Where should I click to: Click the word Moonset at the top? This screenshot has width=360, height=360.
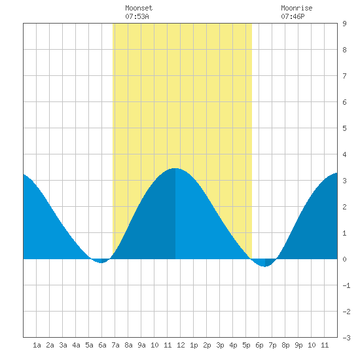(x=139, y=8)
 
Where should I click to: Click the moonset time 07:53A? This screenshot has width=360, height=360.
(x=137, y=16)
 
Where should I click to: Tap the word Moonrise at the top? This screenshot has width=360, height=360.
(x=297, y=8)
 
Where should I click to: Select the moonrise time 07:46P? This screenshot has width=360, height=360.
(x=293, y=16)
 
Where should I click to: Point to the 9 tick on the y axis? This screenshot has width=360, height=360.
(x=344, y=24)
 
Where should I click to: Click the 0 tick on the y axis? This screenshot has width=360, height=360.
(x=344, y=259)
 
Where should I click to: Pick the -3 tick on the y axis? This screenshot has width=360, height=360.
(x=346, y=338)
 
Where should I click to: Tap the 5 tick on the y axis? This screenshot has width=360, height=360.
(x=344, y=128)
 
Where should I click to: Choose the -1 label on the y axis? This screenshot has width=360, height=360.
(x=346, y=285)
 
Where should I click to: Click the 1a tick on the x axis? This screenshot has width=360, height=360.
(x=37, y=345)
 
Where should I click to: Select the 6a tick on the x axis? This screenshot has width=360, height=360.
(x=102, y=345)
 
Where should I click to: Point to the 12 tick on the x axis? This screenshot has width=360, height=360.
(x=181, y=345)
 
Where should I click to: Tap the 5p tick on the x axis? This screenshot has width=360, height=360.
(x=246, y=345)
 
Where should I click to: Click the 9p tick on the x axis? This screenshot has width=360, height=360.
(x=298, y=345)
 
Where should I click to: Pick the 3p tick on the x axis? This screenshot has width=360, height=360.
(x=220, y=345)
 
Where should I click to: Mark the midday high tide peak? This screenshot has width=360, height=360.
(x=175, y=168)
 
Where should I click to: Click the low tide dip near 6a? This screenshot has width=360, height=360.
(x=101, y=262)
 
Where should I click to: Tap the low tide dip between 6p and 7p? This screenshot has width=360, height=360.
(x=264, y=266)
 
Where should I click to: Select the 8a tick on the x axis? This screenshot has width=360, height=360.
(x=128, y=345)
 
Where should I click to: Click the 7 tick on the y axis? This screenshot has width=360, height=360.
(x=344, y=76)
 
